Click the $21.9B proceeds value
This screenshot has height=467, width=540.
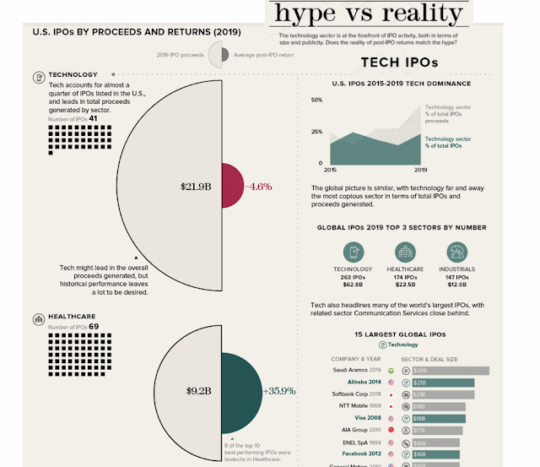[195, 186]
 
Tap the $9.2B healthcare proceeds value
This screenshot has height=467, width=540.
[198, 391]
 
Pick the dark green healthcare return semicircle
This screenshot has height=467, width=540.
[240, 391]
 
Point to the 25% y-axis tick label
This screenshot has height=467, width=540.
[316, 132]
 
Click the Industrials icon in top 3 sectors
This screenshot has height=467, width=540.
[457, 253]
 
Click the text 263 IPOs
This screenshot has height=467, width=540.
[353, 277]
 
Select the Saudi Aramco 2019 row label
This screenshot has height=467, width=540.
[358, 370]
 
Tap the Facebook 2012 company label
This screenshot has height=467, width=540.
[360, 453]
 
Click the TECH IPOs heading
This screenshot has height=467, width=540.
[399, 62]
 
